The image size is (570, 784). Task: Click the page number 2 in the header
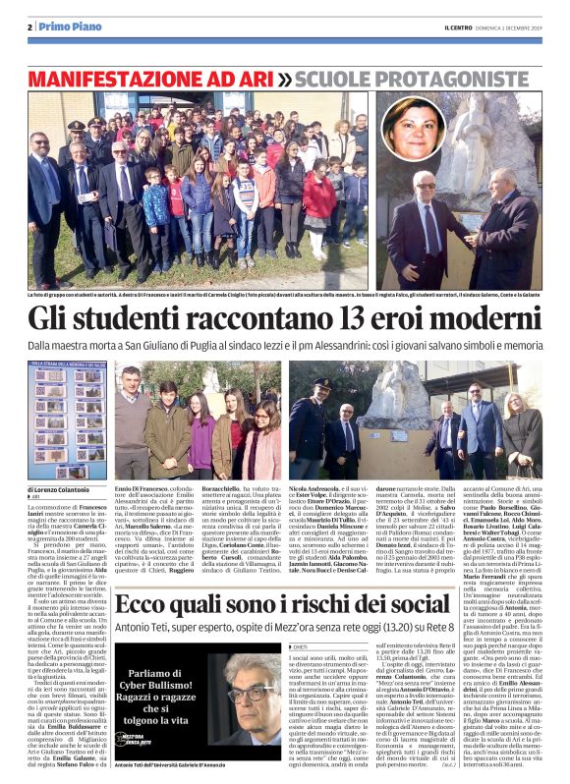[31, 27]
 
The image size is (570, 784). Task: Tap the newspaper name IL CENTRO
[432, 27]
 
